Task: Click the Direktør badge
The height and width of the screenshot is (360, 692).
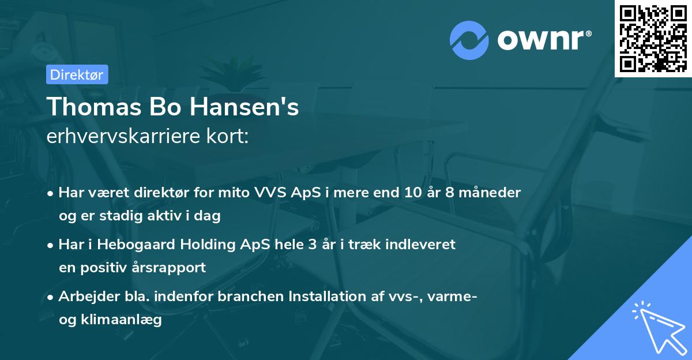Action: pyautogui.click(x=77, y=74)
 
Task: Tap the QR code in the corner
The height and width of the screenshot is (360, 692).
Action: pyautogui.click(x=653, y=38)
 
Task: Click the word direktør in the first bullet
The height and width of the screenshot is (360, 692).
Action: pyautogui.click(x=150, y=193)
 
